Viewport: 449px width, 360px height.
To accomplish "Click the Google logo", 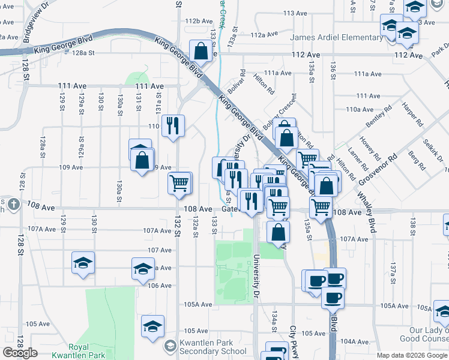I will [20, 353].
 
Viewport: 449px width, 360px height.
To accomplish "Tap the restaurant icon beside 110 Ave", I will [173, 125].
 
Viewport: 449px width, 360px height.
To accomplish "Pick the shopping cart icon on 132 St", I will [179, 182].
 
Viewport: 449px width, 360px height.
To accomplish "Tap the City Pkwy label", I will [294, 339].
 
